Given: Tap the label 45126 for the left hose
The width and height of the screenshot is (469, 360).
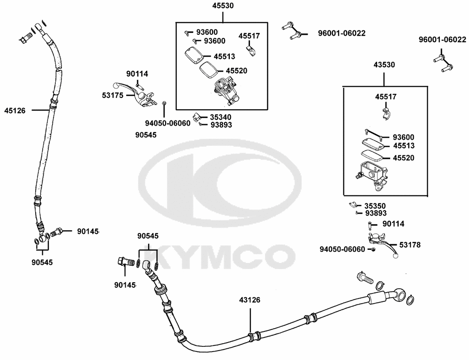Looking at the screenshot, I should click(15, 110).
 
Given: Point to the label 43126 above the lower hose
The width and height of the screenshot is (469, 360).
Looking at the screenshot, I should click(250, 300).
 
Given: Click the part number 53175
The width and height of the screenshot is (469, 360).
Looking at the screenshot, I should click(113, 95).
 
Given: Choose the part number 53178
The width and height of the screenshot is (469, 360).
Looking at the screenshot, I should click(409, 245).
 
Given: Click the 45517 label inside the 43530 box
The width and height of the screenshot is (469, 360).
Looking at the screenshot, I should click(386, 97).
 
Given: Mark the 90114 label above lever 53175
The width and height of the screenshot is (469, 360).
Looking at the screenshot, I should click(137, 74).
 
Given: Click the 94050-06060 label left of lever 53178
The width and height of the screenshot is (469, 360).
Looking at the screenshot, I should click(342, 249).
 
